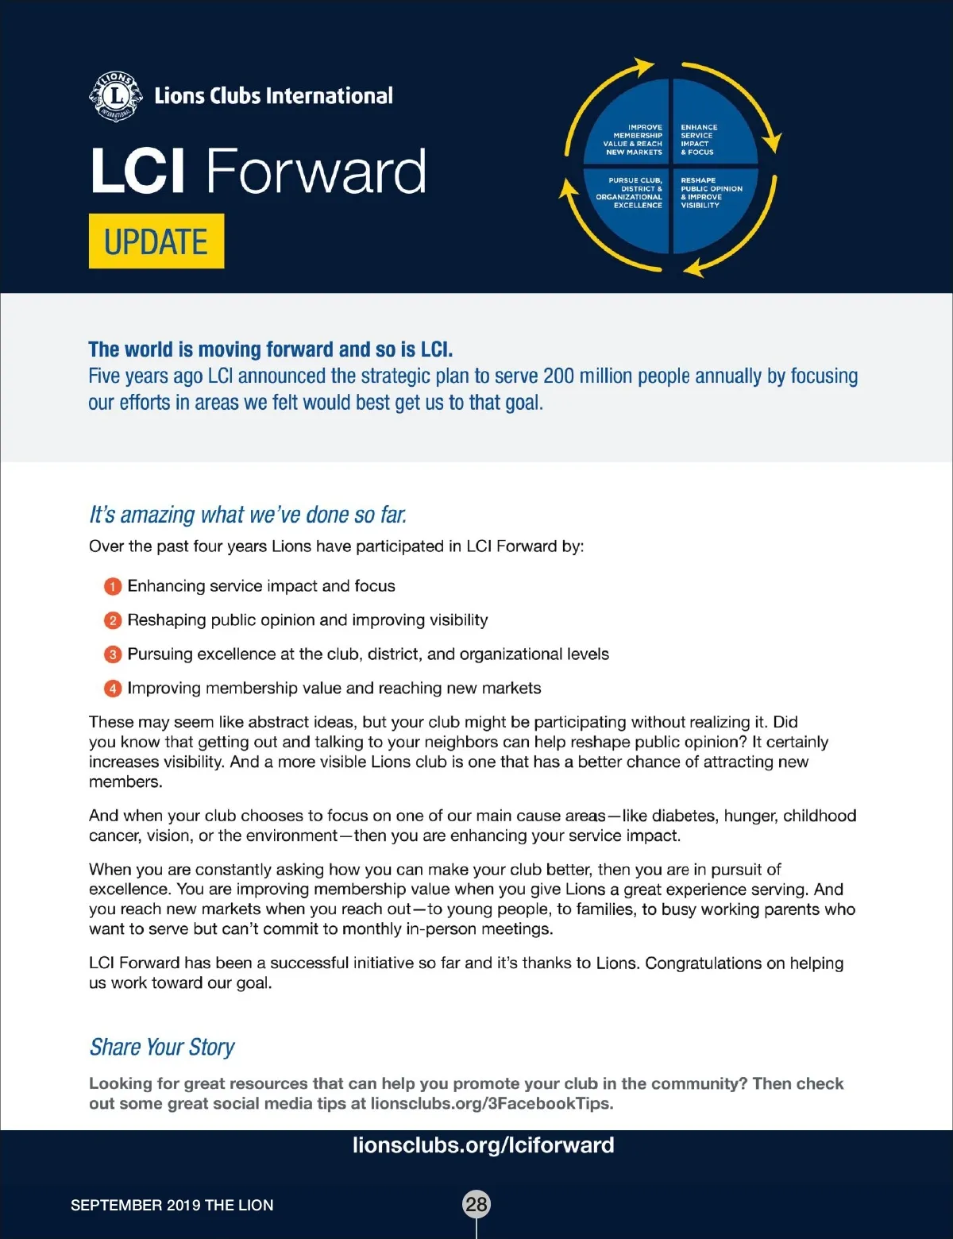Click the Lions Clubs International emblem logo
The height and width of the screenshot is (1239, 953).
(116, 97)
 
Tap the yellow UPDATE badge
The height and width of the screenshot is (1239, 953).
(156, 241)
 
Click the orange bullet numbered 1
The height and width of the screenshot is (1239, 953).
(113, 587)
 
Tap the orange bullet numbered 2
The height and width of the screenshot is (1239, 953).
(113, 620)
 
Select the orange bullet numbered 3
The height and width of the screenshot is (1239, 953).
(113, 654)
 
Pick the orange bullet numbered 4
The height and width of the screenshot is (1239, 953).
(113, 689)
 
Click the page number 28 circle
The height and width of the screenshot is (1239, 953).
(476, 1204)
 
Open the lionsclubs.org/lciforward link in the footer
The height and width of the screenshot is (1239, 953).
(483, 1145)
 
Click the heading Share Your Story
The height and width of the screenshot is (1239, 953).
(162, 1047)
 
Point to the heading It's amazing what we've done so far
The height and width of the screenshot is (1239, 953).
(248, 515)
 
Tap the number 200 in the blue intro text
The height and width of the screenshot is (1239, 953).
(558, 376)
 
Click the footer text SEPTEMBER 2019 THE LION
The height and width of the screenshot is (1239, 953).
(172, 1205)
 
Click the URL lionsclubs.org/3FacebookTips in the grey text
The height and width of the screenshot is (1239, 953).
(491, 1103)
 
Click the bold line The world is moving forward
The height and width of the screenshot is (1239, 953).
(270, 349)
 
